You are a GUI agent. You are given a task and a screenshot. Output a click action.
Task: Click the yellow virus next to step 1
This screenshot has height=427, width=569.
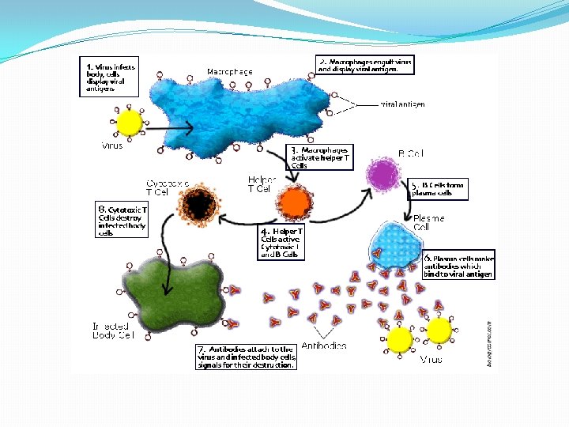(129, 124)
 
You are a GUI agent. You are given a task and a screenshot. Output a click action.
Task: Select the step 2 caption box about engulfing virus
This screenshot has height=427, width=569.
(364, 65)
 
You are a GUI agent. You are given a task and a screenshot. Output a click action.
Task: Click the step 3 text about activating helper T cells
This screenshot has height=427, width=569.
(319, 157)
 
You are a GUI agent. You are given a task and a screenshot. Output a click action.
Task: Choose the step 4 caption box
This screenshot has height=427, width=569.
(281, 243)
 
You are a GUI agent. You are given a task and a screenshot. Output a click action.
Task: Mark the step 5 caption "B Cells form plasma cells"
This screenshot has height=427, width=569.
(438, 189)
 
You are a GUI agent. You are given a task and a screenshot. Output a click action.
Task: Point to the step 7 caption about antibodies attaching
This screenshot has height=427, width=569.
(247, 357)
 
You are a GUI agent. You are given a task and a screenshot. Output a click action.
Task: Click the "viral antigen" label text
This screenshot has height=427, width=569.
(403, 104)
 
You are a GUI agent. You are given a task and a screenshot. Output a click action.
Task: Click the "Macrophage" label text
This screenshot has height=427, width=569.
(230, 72)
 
